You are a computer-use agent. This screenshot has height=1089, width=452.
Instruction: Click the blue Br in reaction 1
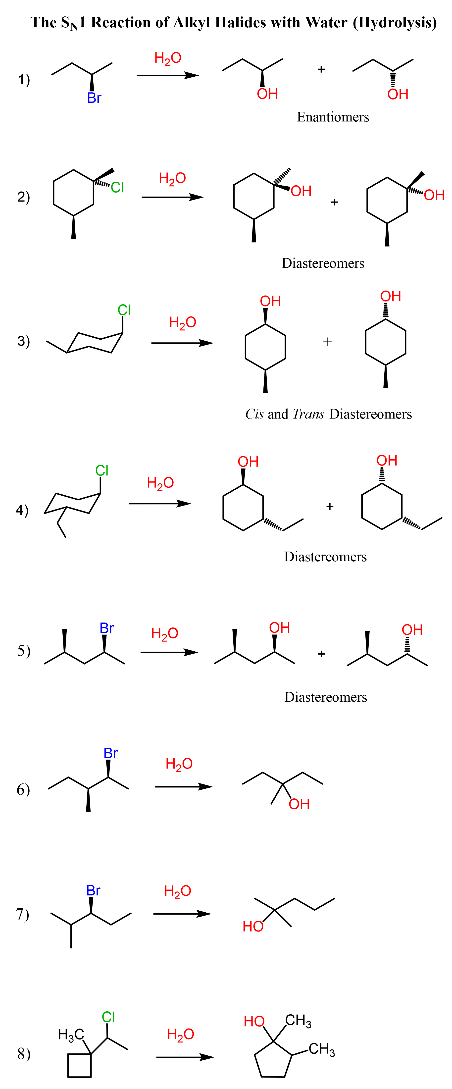(x=94, y=98)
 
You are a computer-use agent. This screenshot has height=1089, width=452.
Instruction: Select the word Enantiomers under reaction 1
(x=333, y=117)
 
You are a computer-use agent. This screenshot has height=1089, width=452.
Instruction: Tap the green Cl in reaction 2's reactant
(x=117, y=187)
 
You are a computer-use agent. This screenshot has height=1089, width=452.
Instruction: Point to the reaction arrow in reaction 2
(x=172, y=197)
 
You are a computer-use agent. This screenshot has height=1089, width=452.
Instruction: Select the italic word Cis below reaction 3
(x=254, y=414)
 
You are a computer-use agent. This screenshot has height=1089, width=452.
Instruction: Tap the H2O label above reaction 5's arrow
(x=164, y=633)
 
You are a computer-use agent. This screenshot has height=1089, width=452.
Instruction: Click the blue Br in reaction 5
(x=106, y=628)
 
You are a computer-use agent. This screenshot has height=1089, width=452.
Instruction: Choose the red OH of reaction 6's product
(x=299, y=804)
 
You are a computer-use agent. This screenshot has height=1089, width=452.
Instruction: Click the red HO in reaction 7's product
(x=253, y=927)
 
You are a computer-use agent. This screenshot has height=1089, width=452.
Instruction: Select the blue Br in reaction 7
(x=93, y=891)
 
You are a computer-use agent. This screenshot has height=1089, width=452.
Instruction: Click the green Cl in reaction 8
(x=108, y=1017)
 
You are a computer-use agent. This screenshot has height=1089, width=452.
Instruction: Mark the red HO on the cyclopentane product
(x=254, y=1021)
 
